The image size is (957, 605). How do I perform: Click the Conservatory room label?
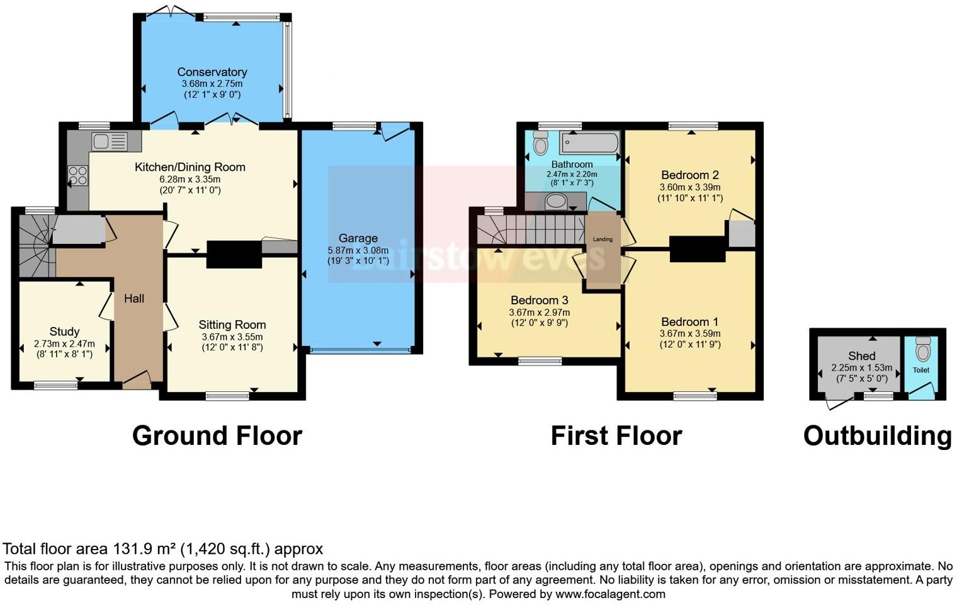coord(212,72)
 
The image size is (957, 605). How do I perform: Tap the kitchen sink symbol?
coord(109,141)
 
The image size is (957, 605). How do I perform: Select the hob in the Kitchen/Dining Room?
coord(79,175)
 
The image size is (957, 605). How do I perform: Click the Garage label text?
coord(358,238)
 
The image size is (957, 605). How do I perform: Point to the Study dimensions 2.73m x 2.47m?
coord(64,344)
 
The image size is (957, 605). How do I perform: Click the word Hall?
coord(134,299)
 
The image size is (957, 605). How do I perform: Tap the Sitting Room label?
coord(232,325)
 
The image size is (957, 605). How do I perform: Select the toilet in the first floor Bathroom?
coord(540,143)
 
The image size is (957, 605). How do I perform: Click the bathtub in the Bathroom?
coord(590,142)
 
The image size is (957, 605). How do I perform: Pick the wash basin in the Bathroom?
coord(555,202)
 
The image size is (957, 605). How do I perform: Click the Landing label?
coord(603,239)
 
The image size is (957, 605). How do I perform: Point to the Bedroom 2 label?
coord(689,175)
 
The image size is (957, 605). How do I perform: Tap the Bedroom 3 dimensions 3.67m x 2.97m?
coord(540,313)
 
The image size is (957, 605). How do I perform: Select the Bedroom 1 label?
coord(689,322)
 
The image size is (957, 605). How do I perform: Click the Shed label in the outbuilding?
coord(861,356)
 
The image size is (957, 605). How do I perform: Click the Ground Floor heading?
coord(217,436)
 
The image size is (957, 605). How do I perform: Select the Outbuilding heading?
coord(877,436)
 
